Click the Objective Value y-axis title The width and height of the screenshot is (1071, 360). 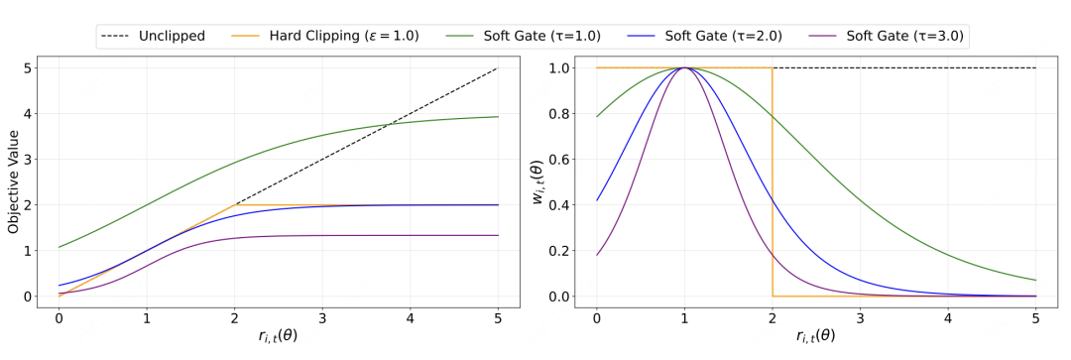[x=13, y=181]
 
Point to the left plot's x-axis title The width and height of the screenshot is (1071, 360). [x=278, y=337]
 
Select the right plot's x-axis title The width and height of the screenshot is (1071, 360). [x=816, y=337]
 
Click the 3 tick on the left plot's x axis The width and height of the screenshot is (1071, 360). [x=322, y=318]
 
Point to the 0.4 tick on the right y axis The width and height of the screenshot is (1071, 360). [x=564, y=205]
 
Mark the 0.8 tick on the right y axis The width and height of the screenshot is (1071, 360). [x=564, y=114]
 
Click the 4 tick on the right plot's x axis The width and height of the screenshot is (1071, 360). [x=948, y=318]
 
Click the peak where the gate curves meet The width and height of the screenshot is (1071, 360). [x=684, y=67]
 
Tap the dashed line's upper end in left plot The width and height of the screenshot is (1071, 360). [x=498, y=67]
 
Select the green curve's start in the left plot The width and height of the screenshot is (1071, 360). [x=59, y=247]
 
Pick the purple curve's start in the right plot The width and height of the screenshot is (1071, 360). [x=596, y=255]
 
